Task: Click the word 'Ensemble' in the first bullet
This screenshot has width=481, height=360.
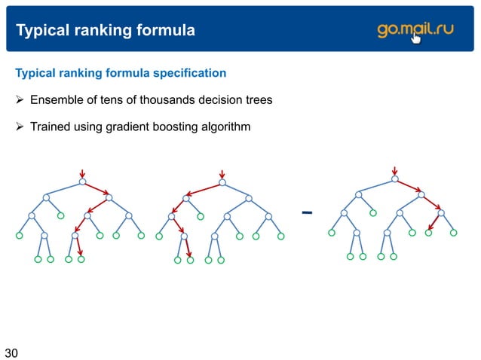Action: click(x=54, y=100)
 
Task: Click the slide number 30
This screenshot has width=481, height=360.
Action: click(x=11, y=352)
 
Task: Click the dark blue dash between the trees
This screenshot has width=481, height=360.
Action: click(x=307, y=212)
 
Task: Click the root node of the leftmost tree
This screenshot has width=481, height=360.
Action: click(x=82, y=182)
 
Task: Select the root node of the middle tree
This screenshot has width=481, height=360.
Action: click(x=221, y=182)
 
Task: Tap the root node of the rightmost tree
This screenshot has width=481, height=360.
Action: click(x=394, y=178)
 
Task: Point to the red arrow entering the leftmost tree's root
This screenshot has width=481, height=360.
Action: click(x=82, y=172)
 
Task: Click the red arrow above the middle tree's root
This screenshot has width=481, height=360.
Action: click(x=221, y=172)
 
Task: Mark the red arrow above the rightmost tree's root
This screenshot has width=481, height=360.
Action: click(x=394, y=169)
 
